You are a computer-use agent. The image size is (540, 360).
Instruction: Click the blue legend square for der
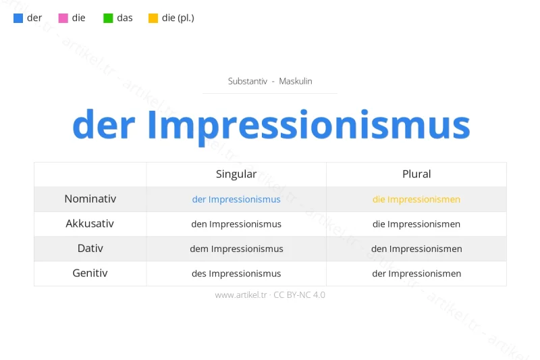click(18, 18)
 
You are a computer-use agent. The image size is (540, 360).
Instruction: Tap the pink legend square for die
click(63, 18)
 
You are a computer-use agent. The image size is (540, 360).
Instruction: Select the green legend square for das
click(108, 18)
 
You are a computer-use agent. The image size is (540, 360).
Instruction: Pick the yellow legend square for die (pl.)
click(153, 18)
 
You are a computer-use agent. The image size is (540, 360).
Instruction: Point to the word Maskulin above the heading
click(295, 81)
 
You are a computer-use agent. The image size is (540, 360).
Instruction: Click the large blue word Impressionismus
click(308, 125)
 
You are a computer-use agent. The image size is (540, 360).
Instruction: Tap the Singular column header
click(236, 174)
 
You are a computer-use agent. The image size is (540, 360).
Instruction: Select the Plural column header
click(416, 174)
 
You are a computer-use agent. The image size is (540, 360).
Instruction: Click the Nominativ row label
click(90, 199)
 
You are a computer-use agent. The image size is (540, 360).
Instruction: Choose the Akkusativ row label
click(90, 224)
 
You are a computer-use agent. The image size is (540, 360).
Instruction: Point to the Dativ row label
click(90, 249)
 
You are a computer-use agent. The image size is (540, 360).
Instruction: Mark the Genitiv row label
click(90, 274)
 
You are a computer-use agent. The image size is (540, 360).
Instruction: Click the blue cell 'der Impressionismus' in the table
click(236, 199)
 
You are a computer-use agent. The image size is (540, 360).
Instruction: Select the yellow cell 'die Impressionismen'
click(416, 199)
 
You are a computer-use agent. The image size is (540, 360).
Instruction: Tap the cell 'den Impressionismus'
click(236, 224)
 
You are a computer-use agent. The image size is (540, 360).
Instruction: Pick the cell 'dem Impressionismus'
click(236, 249)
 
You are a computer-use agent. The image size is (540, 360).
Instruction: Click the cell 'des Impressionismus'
click(236, 274)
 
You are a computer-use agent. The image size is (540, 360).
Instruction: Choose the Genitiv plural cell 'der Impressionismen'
click(416, 274)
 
